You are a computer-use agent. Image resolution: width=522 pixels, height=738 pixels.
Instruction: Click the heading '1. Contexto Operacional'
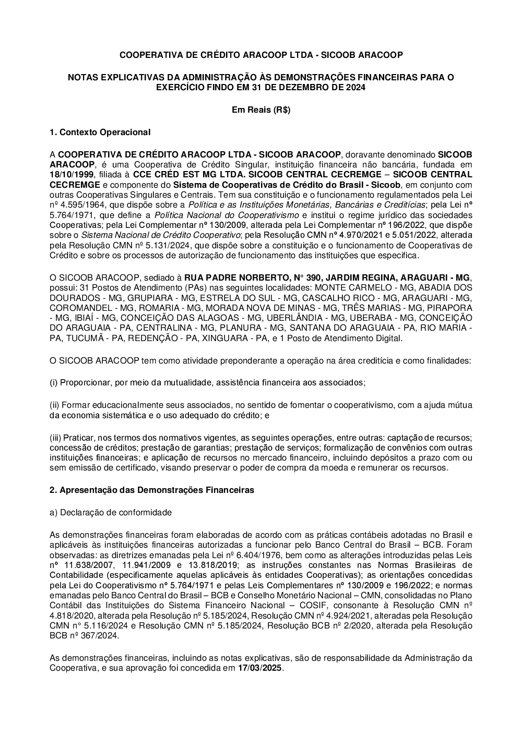coord(100,132)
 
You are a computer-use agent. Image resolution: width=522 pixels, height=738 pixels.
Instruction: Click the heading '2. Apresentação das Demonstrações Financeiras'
coord(151,490)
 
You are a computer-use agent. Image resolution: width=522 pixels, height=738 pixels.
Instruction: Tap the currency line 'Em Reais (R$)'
coord(261,110)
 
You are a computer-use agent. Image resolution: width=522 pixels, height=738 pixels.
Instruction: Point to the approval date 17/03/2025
coord(260,669)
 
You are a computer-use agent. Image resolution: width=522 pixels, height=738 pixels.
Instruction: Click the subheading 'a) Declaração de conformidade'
coord(110,513)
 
